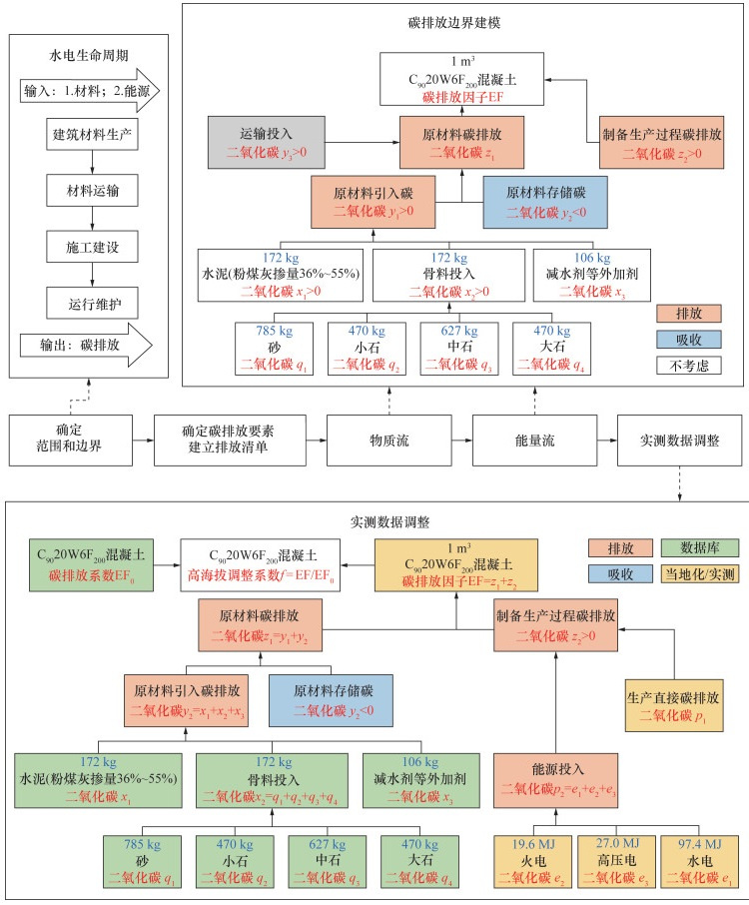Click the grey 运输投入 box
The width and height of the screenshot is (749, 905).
pos(267,142)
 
